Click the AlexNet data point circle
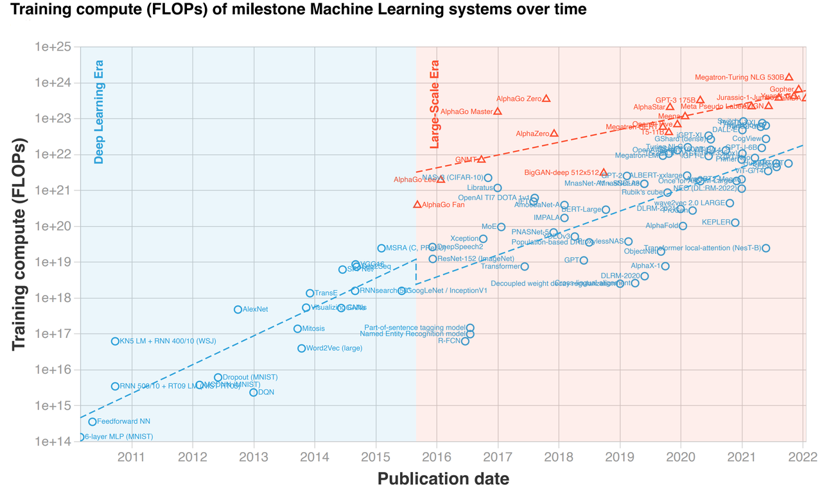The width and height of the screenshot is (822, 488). point(238,310)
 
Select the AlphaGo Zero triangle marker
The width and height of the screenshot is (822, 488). point(547,98)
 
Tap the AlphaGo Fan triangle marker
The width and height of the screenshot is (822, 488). point(417,205)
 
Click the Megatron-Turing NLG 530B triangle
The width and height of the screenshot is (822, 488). point(789,77)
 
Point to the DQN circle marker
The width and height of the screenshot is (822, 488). point(254,392)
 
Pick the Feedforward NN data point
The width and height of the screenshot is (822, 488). point(92,421)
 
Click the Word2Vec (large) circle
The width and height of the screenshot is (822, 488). point(301,348)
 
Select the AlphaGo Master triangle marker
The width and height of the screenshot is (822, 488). point(498,111)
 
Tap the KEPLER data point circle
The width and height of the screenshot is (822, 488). point(735,223)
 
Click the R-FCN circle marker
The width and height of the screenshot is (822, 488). point(465,341)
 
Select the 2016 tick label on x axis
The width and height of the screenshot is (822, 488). point(437,457)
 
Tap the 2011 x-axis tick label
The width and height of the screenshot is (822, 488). point(132,457)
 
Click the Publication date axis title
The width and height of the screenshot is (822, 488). point(443,478)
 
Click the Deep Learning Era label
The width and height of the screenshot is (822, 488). point(99,112)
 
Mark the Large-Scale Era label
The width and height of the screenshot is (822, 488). point(435,105)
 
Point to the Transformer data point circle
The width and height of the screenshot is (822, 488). point(525,266)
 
